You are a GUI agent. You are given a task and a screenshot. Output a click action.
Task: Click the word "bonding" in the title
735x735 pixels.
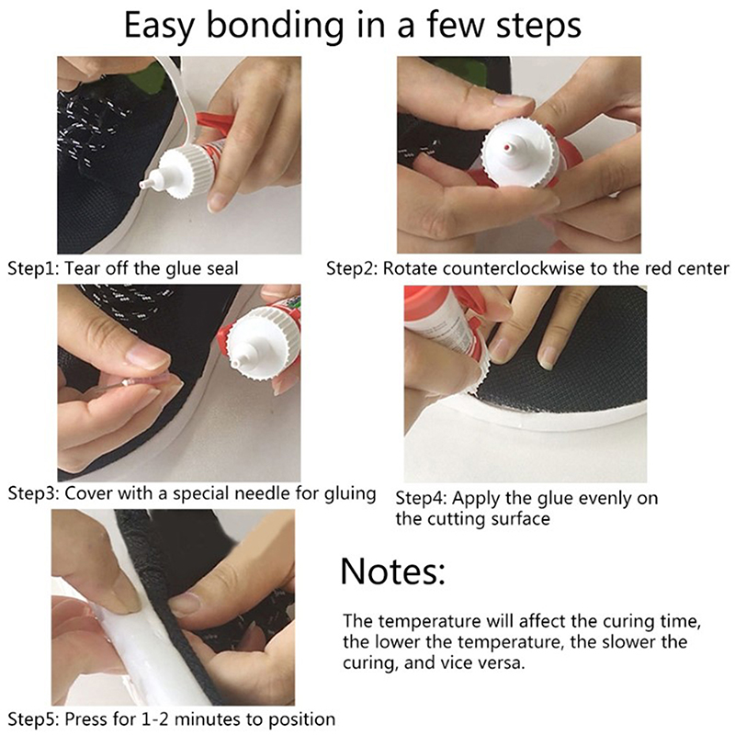(x=275, y=27)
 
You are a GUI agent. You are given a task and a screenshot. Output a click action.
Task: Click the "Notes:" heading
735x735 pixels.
(x=392, y=571)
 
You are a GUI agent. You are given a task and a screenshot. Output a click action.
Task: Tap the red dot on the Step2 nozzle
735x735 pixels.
(x=506, y=148)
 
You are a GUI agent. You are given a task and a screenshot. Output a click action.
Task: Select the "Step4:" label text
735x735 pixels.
(x=421, y=498)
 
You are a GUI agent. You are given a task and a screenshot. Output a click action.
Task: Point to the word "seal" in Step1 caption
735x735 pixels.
(x=222, y=268)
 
